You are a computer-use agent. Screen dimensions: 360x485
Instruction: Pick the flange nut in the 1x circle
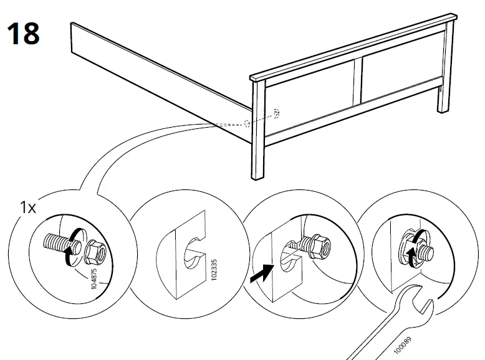[95, 250]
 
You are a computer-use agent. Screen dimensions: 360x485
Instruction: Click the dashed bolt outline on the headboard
[276, 114]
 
